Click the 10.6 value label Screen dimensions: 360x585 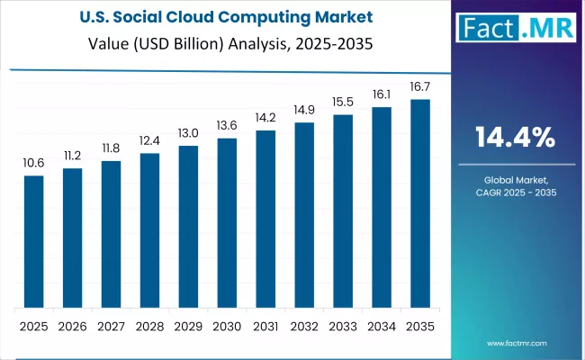(33, 163)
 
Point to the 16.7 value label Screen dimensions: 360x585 (420, 86)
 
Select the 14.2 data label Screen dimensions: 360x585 (265, 117)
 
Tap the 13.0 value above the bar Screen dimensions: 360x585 (188, 132)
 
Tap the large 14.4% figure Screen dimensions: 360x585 (515, 138)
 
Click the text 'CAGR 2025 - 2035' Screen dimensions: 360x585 (515, 193)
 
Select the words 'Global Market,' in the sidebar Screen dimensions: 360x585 (515, 179)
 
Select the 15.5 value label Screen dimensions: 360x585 (343, 102)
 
